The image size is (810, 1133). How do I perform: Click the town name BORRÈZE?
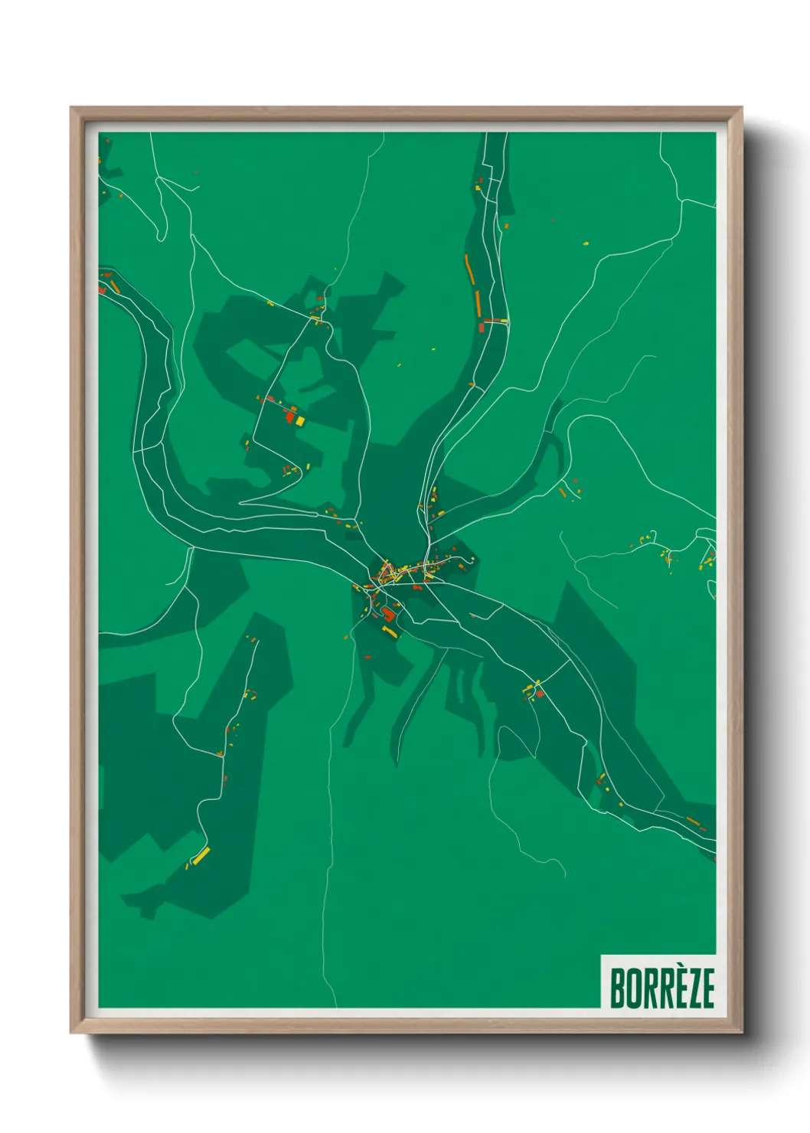[661, 988]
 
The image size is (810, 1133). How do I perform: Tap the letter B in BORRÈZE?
[617, 988]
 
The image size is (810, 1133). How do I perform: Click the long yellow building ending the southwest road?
[201, 856]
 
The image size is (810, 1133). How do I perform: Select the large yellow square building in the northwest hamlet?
[300, 420]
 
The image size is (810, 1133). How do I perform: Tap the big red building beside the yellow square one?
[290, 416]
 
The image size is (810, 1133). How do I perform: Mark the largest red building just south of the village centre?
[388, 614]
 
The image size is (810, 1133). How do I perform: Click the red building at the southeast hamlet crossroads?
[540, 694]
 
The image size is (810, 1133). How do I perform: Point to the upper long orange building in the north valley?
[469, 269]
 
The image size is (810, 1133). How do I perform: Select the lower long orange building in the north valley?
[478, 302]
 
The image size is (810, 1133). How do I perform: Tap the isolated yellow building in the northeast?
[586, 244]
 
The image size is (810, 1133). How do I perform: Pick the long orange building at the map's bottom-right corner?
[693, 821]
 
